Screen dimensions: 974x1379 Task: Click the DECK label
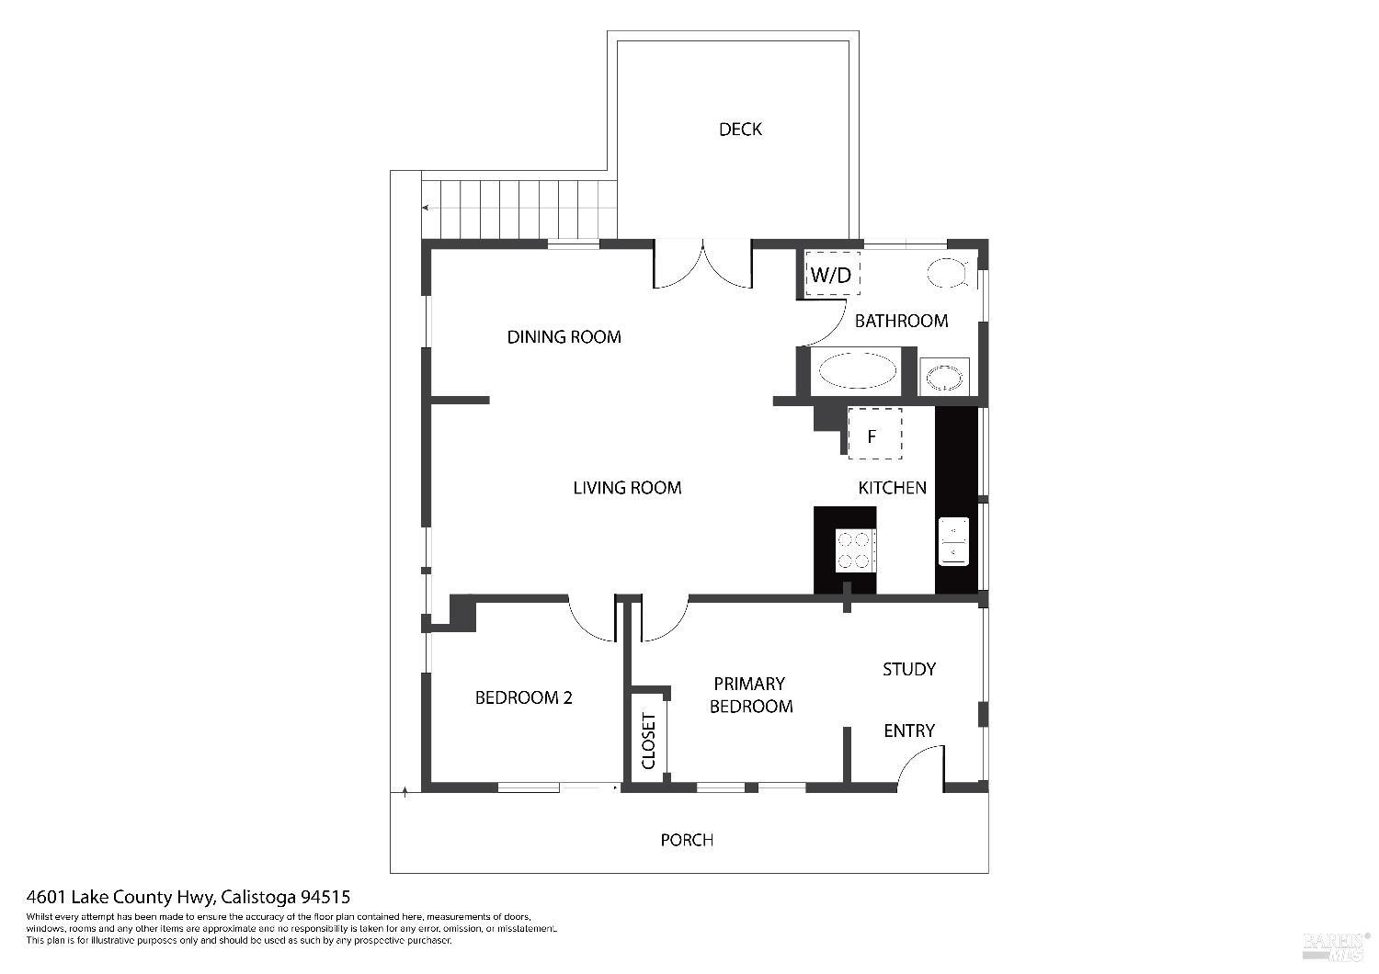coord(740,130)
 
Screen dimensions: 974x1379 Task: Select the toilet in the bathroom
coord(947,272)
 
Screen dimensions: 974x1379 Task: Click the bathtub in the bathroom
coord(857,372)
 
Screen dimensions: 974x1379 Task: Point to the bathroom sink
coord(944,377)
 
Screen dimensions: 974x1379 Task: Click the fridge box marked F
coord(873,434)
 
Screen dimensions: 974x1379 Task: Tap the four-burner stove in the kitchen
coord(854,550)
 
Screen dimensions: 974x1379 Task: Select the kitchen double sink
coord(953,541)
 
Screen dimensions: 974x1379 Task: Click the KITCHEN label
coord(892,488)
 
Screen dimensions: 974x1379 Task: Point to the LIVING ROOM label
coord(627,488)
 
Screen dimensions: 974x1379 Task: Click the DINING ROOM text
coord(564,337)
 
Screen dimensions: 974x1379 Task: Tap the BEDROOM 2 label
coord(523,698)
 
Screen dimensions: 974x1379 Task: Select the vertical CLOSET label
coord(648,741)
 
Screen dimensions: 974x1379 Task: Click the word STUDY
coord(908,670)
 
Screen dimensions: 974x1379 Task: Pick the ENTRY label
coord(908,731)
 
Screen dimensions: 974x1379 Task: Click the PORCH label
coord(687,840)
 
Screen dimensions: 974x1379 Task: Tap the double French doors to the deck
coord(703,265)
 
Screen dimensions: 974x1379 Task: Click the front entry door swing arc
coord(919,767)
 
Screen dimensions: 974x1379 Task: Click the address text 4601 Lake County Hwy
coord(120,897)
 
